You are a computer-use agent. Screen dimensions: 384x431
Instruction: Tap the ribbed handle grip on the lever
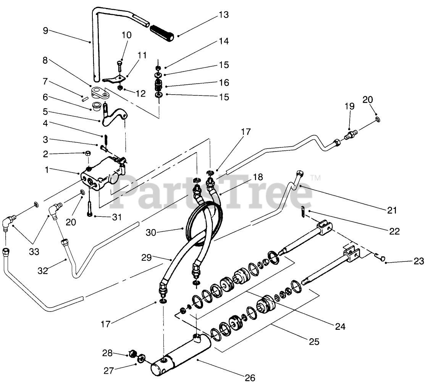[x=163, y=32]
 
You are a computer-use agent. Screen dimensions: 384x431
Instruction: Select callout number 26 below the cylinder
[x=250, y=378]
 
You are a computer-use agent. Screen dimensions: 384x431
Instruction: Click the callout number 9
[x=45, y=31]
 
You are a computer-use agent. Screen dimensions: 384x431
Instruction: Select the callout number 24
[x=340, y=326]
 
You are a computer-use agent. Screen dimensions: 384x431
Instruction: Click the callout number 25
[x=314, y=342]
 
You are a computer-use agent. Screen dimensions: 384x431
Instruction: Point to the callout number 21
[x=392, y=210]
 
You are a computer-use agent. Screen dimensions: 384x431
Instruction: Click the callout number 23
[x=419, y=261]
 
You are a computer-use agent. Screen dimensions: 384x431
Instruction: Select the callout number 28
[x=108, y=353]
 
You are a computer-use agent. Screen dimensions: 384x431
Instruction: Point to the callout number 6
[x=45, y=97]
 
